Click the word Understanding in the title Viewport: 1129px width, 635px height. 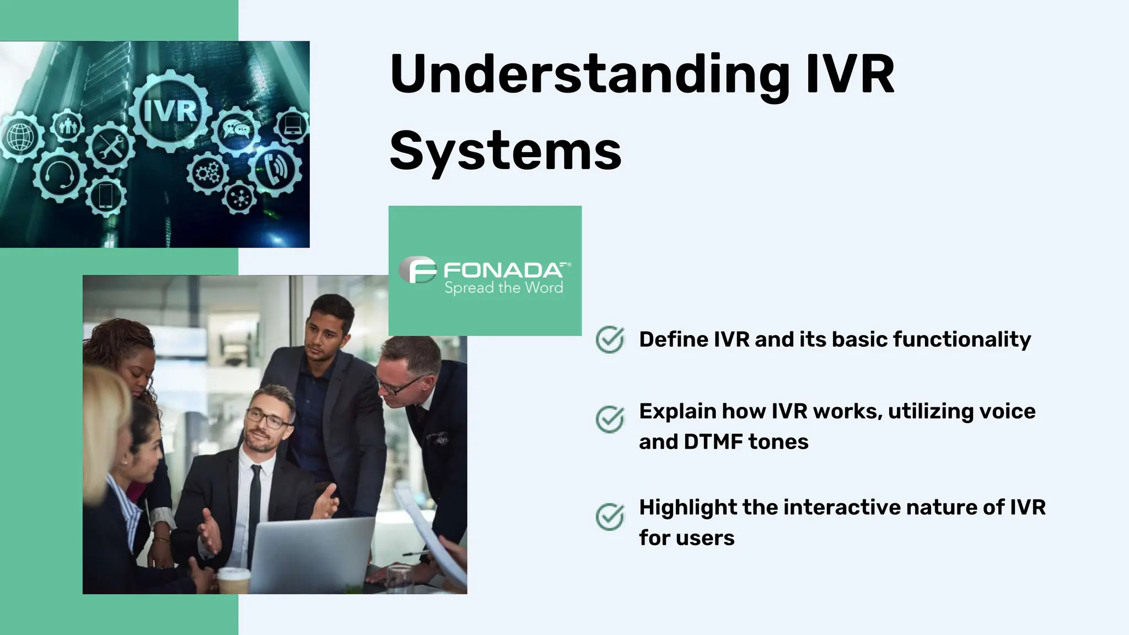[x=590, y=74]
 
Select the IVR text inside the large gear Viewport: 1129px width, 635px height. [x=170, y=111]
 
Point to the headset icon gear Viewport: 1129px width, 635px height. [x=59, y=175]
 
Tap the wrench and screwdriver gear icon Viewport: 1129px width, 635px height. [x=110, y=147]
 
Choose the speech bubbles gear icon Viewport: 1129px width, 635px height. [x=236, y=130]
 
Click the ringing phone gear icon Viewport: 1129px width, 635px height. [x=276, y=169]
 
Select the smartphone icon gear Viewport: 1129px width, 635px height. [x=106, y=196]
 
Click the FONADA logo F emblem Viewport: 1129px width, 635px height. [x=418, y=270]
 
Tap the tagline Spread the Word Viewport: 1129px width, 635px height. [x=503, y=288]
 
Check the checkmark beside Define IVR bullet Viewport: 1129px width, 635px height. [x=610, y=340]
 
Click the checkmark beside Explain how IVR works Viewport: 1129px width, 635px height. [x=610, y=419]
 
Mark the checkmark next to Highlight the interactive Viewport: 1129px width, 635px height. [x=610, y=516]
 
